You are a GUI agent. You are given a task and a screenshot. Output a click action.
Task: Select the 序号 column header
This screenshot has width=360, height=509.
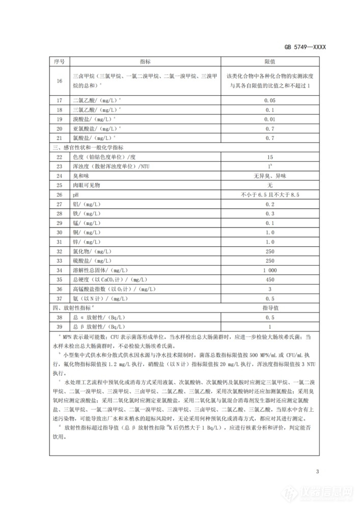click(x=59, y=61)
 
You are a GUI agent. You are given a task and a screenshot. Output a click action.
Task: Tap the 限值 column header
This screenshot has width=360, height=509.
click(x=269, y=61)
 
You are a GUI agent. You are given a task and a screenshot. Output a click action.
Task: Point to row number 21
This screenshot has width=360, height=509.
click(x=59, y=137)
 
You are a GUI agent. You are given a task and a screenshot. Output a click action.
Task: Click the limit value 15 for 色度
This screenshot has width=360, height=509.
click(x=269, y=157)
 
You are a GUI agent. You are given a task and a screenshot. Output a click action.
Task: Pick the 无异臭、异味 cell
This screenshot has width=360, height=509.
click(x=269, y=176)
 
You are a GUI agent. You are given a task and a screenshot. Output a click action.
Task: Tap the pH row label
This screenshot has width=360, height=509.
click(x=76, y=194)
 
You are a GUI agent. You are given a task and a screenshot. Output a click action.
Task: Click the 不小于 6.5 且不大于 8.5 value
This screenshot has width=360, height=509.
click(x=269, y=194)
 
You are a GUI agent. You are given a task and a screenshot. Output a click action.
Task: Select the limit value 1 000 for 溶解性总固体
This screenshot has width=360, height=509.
click(x=269, y=270)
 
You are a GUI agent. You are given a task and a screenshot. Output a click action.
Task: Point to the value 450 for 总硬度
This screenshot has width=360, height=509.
click(x=269, y=279)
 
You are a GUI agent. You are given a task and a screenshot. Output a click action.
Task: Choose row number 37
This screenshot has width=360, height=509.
click(x=59, y=298)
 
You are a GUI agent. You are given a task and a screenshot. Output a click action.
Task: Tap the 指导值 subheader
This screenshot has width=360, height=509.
click(x=269, y=308)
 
